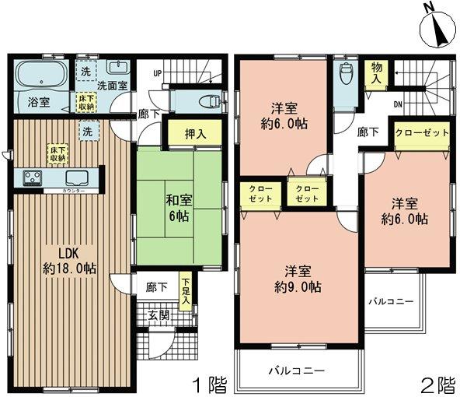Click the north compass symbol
[x=435, y=29]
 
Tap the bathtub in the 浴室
[x=42, y=76]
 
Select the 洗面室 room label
[x=112, y=86]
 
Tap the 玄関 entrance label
[x=159, y=314]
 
